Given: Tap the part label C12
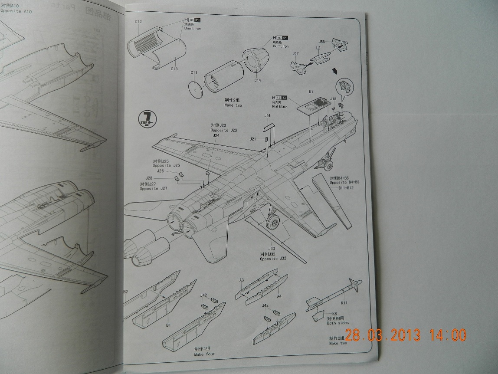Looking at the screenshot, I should point(138,21).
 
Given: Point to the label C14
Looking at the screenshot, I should point(257,80).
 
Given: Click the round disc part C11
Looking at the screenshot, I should point(197,90).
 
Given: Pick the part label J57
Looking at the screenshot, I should point(295,54).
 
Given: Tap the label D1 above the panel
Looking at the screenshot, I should point(311,92).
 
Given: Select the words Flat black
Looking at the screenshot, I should point(280,106).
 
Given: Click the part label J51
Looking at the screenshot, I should point(268,115).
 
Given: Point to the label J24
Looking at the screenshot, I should point(216,135).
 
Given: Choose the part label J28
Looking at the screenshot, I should point(149,178).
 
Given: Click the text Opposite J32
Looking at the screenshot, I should point(273,259).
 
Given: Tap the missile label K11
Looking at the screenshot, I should point(344,303).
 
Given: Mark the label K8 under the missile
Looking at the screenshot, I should point(334,314).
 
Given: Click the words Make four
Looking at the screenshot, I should point(204,354).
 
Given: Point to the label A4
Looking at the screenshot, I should point(279,297).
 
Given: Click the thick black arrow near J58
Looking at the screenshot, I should point(334,71).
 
